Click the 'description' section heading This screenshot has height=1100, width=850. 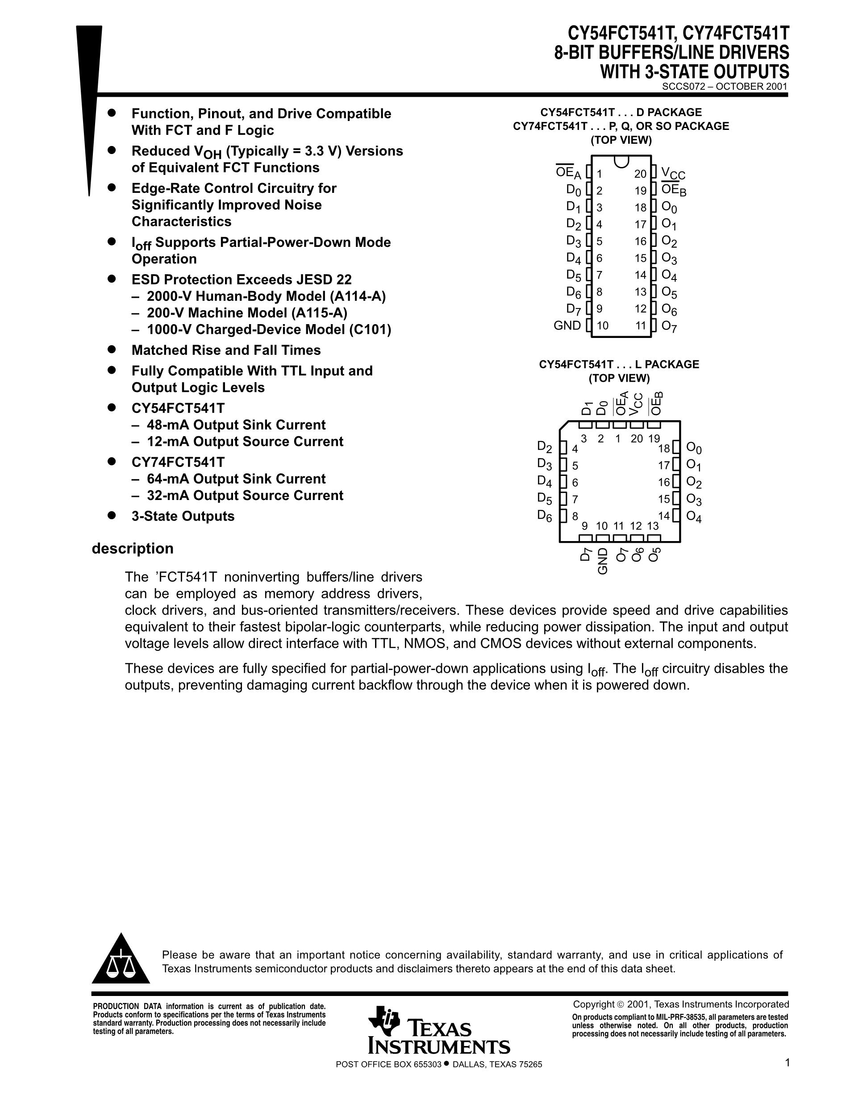133,549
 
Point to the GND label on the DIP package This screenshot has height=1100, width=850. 567,325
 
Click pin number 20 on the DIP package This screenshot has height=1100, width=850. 640,174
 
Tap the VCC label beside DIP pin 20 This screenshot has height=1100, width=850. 673,174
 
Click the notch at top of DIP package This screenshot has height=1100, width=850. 621,161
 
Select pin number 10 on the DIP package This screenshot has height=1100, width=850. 602,326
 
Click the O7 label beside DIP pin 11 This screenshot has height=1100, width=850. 669,327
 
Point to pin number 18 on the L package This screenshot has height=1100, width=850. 664,448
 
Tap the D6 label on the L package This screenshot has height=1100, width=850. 544,516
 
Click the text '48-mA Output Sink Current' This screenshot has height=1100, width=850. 236,425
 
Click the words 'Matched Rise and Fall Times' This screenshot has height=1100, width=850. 226,350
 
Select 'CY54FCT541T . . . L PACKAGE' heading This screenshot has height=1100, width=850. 619,364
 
